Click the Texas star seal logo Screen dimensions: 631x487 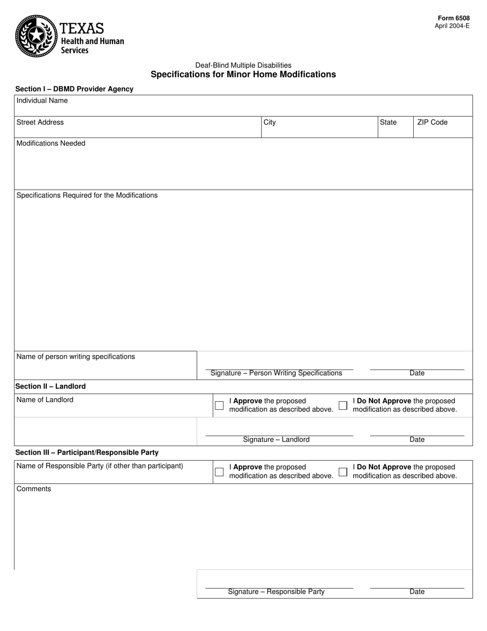click(36, 35)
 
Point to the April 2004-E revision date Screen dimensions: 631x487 click(452, 26)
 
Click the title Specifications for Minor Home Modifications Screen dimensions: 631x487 click(243, 74)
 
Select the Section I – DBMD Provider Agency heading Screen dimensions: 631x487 click(74, 89)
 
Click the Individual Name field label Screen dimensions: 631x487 click(42, 101)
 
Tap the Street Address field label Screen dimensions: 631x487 click(40, 122)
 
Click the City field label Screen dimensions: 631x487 click(270, 122)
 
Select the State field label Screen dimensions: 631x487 click(388, 122)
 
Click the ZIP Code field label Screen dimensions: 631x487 click(432, 122)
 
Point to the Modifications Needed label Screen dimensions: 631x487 click(51, 143)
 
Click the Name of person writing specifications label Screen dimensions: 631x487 click(75, 357)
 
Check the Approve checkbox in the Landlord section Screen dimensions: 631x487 click(219, 405)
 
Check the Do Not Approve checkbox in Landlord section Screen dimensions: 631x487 click(343, 405)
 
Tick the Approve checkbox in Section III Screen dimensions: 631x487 click(219, 472)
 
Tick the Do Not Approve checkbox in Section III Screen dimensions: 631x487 click(343, 472)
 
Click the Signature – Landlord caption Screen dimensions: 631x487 click(276, 440)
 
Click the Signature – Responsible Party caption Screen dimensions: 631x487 click(276, 591)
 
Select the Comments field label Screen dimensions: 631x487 click(34, 489)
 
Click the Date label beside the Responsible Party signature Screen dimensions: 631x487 click(417, 591)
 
